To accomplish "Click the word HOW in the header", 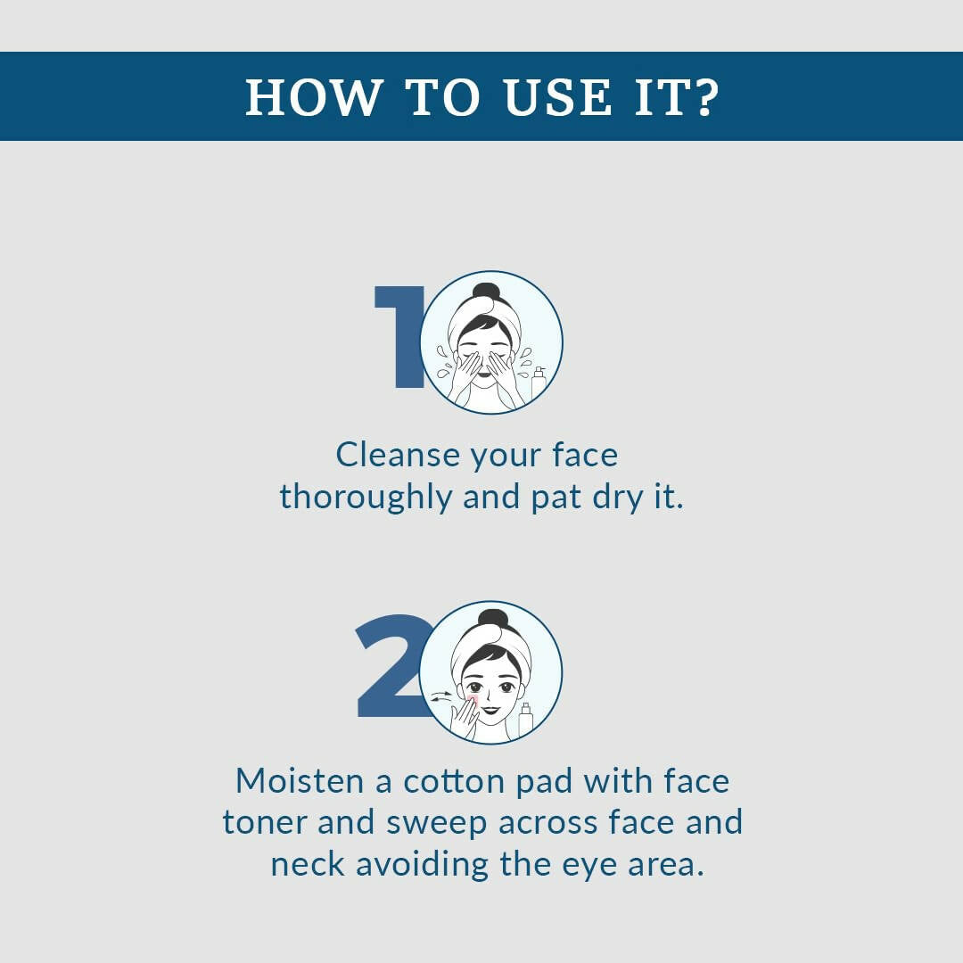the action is point(313,97).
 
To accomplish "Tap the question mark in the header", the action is point(707,96).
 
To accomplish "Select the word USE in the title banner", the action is point(557,97).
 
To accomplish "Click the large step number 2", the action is point(393,665).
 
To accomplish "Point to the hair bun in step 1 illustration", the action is point(487,292).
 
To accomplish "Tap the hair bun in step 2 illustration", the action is point(492,619).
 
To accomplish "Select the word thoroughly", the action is point(366,498).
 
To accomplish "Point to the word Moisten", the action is point(305,782).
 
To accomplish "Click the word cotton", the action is point(454,783).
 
